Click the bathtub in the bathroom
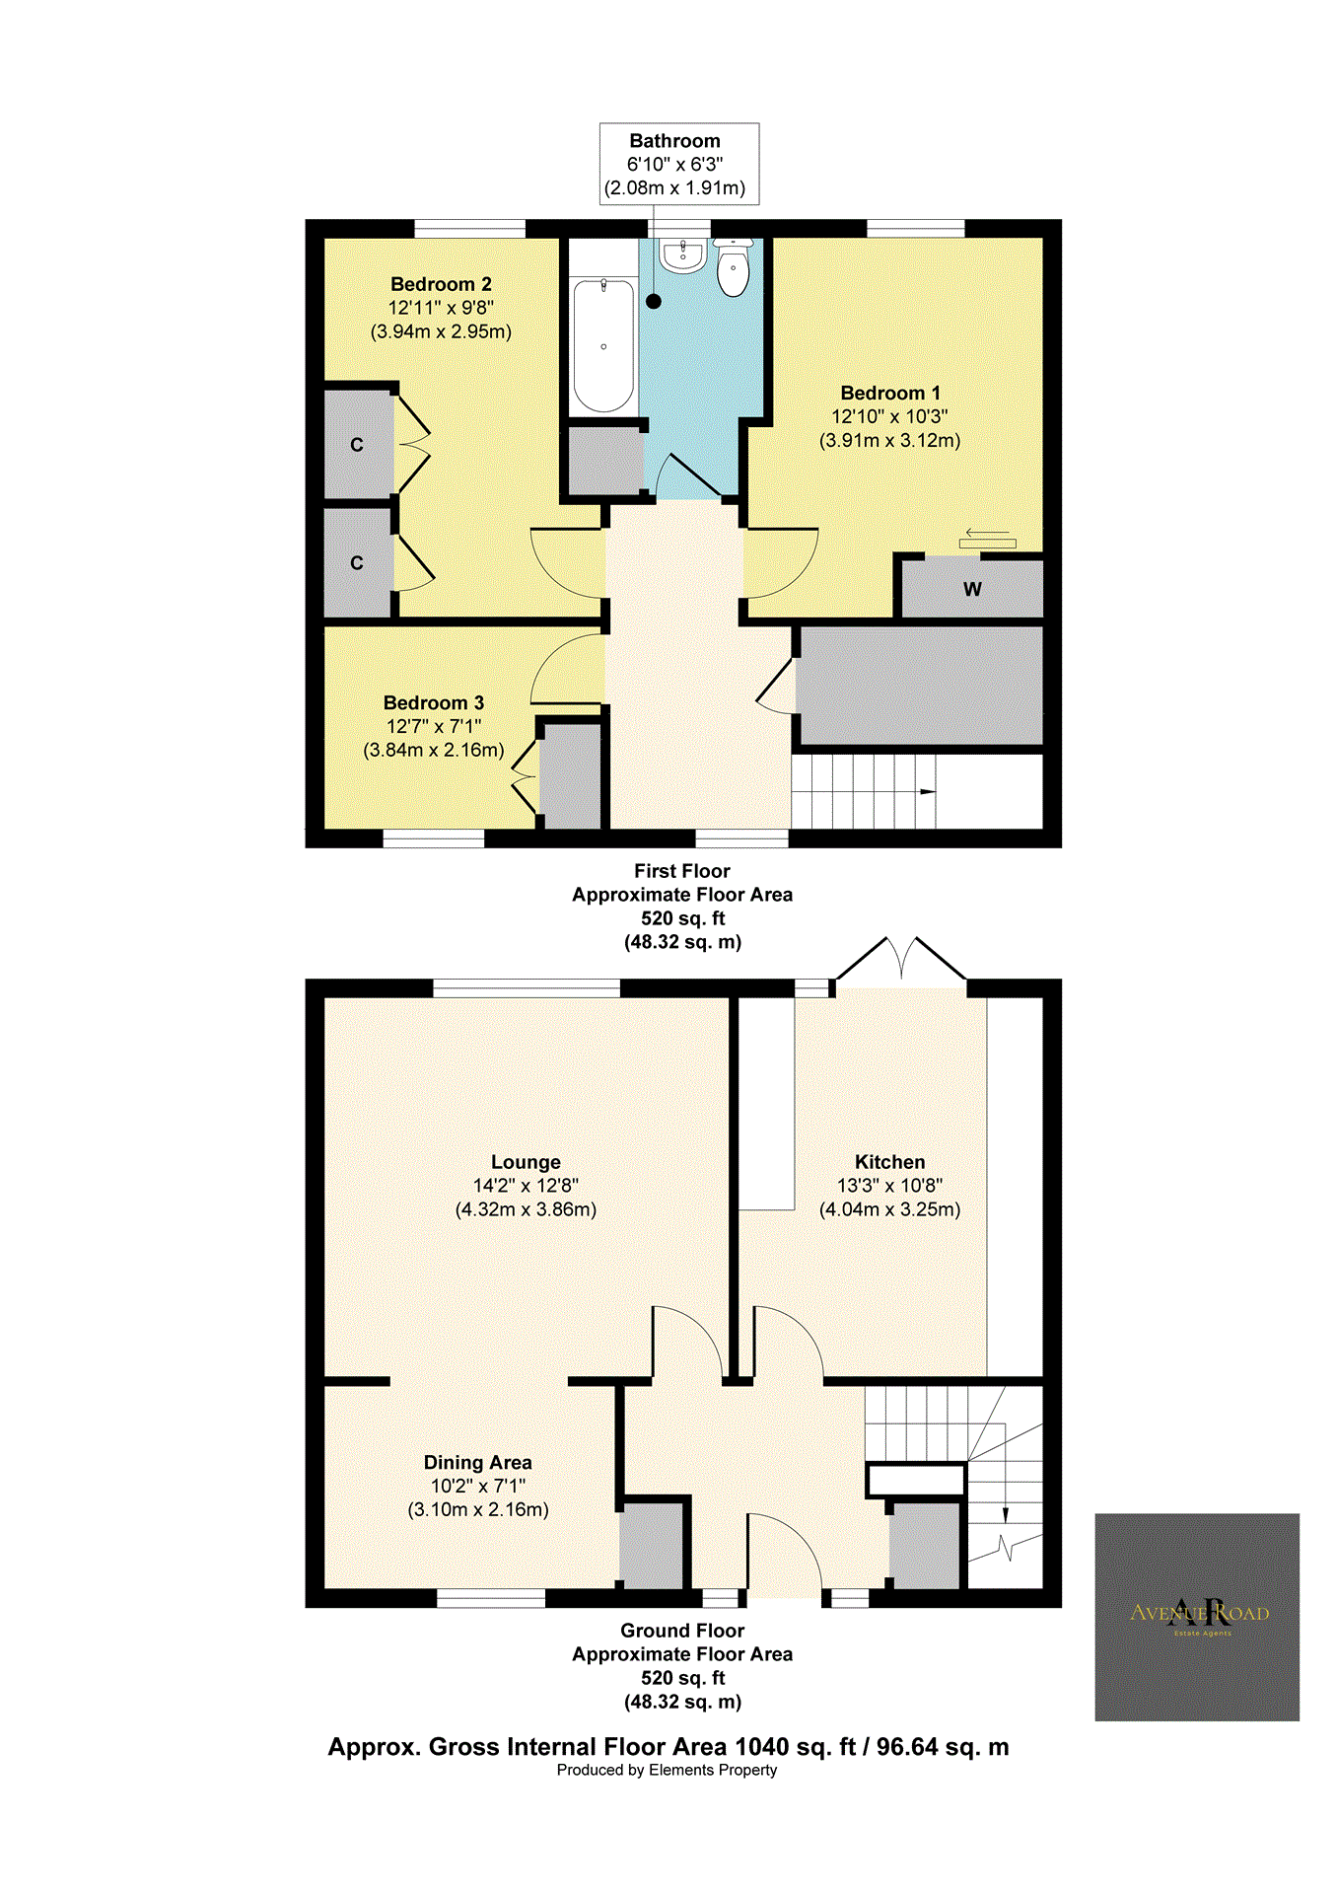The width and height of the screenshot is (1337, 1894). click(x=603, y=345)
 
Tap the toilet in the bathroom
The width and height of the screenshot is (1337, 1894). click(x=734, y=269)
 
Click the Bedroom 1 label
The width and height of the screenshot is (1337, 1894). click(x=889, y=393)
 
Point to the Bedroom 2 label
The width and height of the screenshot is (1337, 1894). click(x=441, y=284)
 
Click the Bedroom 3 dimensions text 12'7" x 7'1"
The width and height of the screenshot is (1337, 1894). click(x=434, y=726)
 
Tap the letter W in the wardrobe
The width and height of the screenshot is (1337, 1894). click(x=972, y=590)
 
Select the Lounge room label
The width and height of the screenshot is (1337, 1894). click(x=526, y=1162)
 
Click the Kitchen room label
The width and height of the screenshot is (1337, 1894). click(x=889, y=1162)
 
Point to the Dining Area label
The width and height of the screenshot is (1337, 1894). click(x=477, y=1462)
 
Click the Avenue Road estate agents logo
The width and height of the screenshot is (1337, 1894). click(x=1197, y=1617)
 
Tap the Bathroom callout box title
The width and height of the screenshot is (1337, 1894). click(x=674, y=141)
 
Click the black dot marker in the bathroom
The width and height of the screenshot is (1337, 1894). click(x=654, y=302)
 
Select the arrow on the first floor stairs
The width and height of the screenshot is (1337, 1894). click(x=927, y=791)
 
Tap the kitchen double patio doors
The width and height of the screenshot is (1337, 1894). click(x=901, y=960)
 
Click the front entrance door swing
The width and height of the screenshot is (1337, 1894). click(x=785, y=1553)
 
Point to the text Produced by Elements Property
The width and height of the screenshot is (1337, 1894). click(x=667, y=1770)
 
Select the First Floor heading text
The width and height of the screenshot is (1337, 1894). click(x=681, y=871)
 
